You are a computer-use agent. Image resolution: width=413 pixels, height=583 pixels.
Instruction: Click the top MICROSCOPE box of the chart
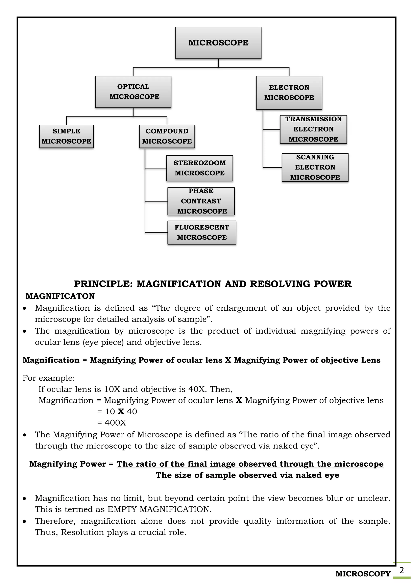click(x=218, y=43)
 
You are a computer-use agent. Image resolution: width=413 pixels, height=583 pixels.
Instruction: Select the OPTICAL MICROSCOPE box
click(x=133, y=92)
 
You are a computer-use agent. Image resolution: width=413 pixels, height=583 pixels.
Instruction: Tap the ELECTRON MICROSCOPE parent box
click(x=289, y=93)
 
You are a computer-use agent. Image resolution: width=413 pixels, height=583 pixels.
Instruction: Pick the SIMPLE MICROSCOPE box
click(x=66, y=136)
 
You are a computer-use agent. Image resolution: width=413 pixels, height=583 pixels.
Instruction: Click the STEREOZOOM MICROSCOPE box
click(x=200, y=168)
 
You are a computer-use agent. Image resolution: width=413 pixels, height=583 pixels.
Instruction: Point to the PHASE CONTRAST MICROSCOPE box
click(x=201, y=201)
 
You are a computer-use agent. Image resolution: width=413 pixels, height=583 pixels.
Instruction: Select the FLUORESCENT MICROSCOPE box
click(x=202, y=232)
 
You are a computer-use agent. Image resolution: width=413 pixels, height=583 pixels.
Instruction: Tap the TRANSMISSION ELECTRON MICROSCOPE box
click(x=313, y=129)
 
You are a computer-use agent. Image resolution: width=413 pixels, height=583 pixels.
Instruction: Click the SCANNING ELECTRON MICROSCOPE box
click(x=315, y=167)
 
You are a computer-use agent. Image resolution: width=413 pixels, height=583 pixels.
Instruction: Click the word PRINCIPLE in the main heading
click(x=103, y=284)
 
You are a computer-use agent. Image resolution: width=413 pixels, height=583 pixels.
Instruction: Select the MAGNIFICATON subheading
click(x=60, y=296)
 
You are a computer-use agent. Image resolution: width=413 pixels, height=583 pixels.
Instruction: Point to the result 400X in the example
click(x=116, y=423)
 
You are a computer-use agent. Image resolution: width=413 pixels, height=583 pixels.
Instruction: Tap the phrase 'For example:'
click(x=49, y=378)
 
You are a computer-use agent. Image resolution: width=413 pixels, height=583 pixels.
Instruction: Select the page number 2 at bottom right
click(x=402, y=570)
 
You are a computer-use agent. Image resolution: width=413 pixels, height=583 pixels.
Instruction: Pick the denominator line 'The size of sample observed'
click(x=247, y=475)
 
